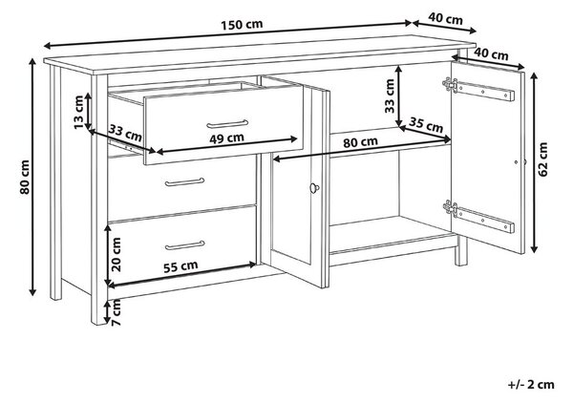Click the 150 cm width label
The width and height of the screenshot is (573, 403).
click(x=242, y=25)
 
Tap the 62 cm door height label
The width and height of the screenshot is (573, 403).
click(x=543, y=159)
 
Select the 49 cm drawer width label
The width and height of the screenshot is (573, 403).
click(x=226, y=138)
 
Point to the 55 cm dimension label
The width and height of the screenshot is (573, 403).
click(x=180, y=266)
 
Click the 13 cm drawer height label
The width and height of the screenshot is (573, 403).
click(x=79, y=112)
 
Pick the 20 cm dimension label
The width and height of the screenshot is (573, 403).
click(x=116, y=255)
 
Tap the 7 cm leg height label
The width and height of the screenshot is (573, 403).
click(x=116, y=311)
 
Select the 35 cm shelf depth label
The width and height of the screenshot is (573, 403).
click(x=426, y=125)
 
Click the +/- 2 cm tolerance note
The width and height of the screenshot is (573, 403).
click(x=531, y=385)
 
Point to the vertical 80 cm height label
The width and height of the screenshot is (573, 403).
click(x=25, y=178)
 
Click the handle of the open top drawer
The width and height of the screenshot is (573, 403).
click(x=227, y=124)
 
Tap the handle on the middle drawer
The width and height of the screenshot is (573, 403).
click(x=184, y=182)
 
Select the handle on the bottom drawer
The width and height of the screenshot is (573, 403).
click(x=184, y=245)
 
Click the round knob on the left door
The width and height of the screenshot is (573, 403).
click(x=314, y=188)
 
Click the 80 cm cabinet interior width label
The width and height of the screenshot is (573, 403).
click(x=360, y=142)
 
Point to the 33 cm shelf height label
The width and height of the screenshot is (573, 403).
click(x=390, y=95)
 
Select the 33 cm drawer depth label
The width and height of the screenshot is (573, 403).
click(x=125, y=133)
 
